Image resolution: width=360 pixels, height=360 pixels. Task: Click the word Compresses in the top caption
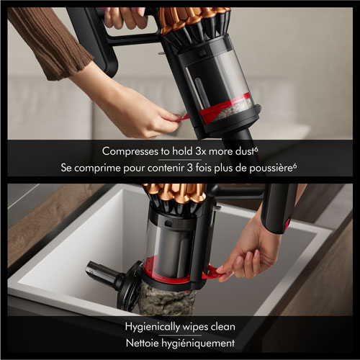(130, 152)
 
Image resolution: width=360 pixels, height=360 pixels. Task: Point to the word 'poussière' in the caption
(267, 168)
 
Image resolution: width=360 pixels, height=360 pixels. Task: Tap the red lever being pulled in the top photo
(186, 116)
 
